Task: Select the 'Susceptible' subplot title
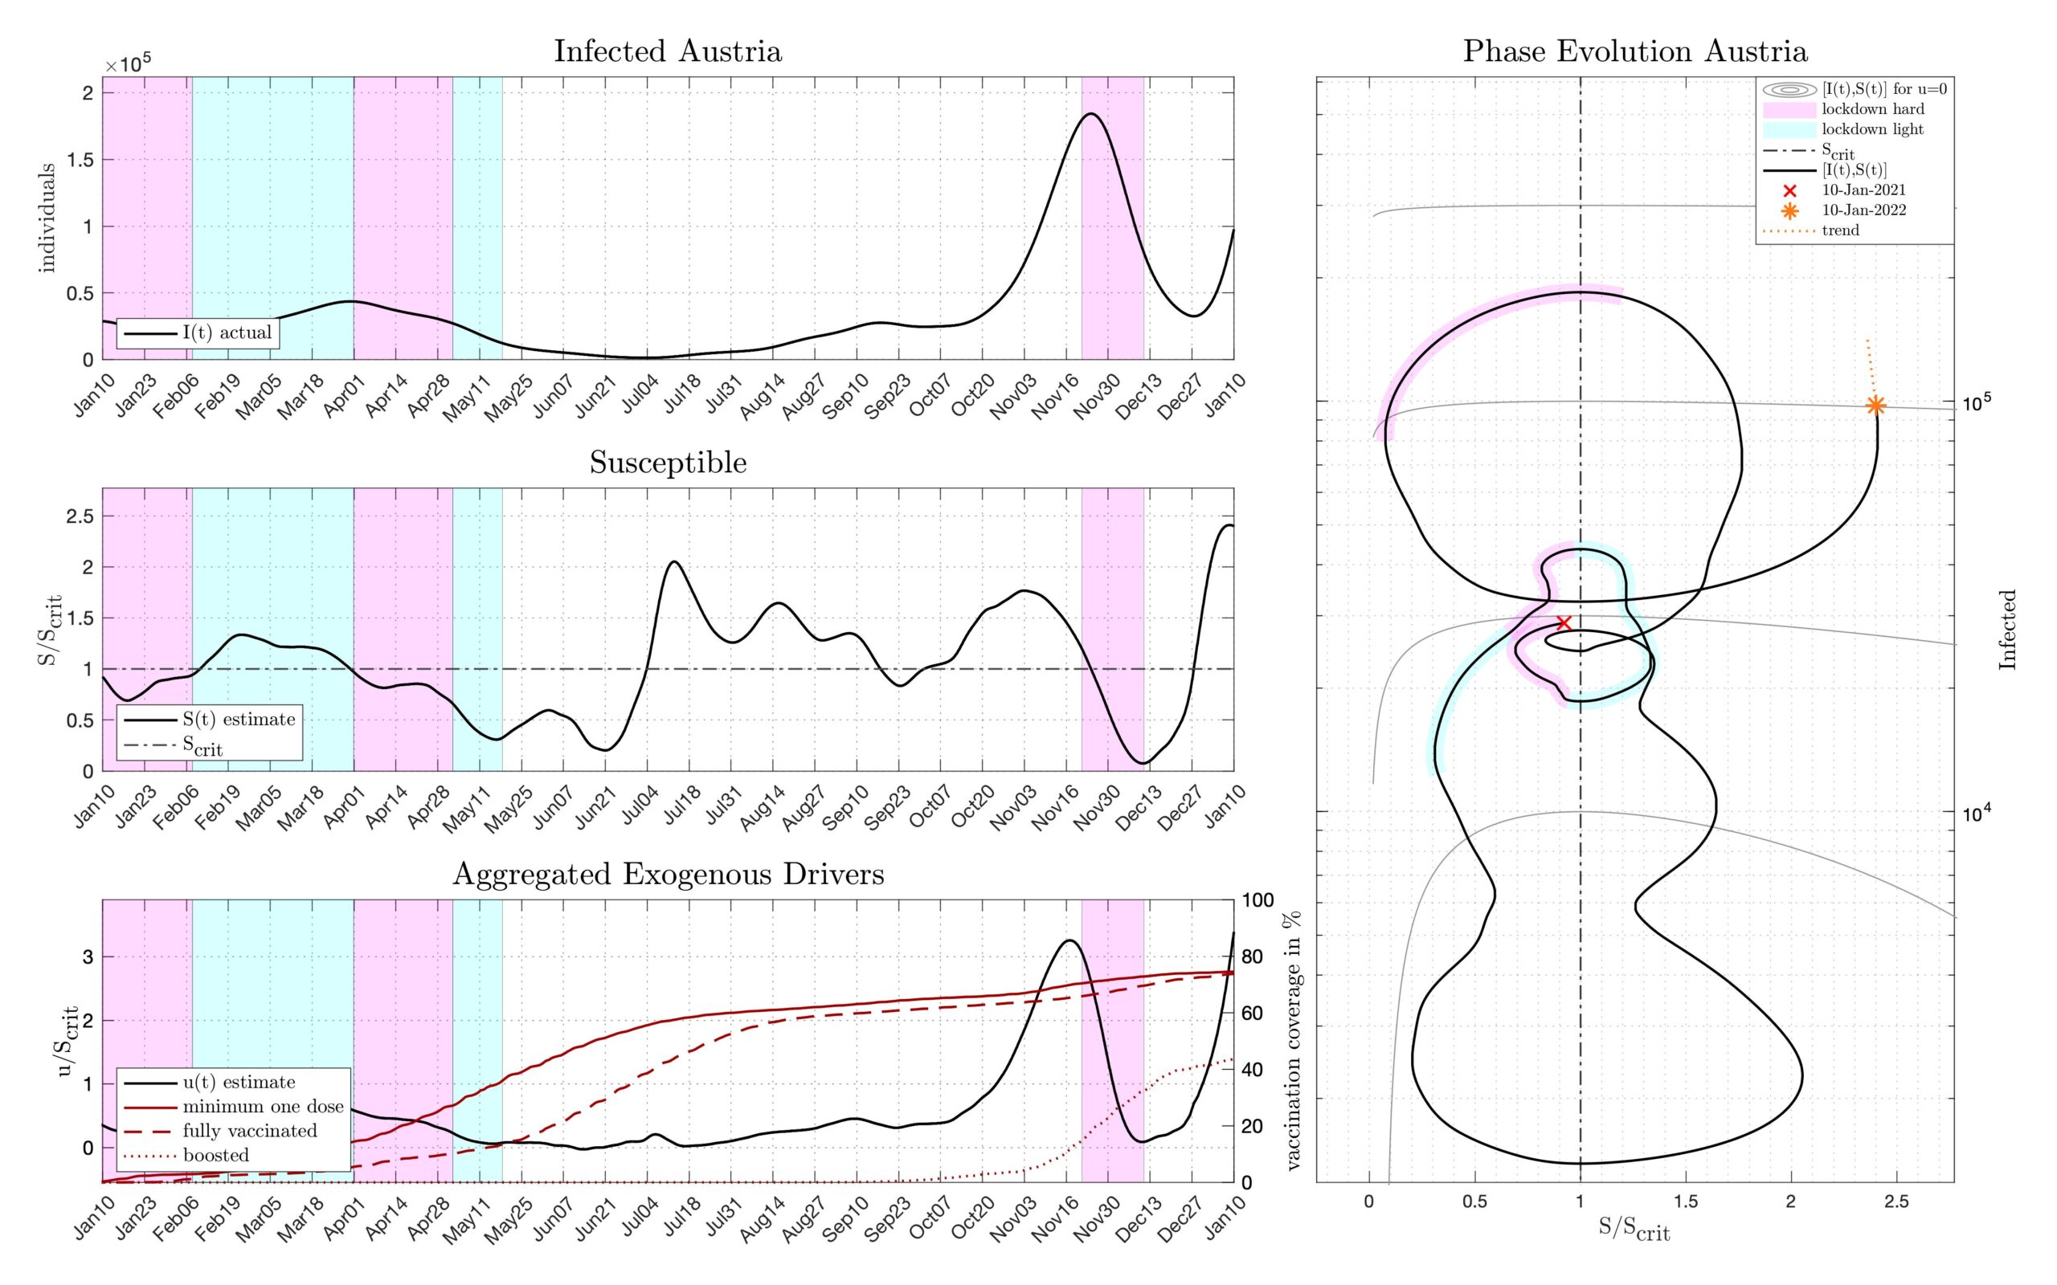(x=668, y=463)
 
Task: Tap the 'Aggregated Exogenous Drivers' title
(x=668, y=875)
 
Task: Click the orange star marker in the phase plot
(x=1875, y=406)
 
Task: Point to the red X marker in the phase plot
(x=1563, y=622)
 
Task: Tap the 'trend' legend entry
(x=1840, y=230)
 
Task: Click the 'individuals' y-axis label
(x=47, y=218)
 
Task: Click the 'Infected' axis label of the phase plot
(x=2007, y=630)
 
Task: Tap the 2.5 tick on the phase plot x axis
(x=1896, y=1201)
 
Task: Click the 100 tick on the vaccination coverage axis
(x=1258, y=901)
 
